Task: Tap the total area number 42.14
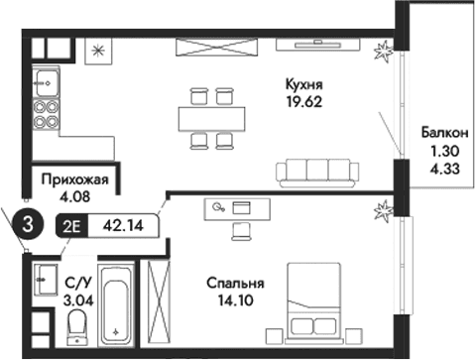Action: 123,224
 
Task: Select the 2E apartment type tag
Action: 72,224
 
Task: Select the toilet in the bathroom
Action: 75,323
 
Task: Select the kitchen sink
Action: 46,77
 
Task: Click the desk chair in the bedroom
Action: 241,230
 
